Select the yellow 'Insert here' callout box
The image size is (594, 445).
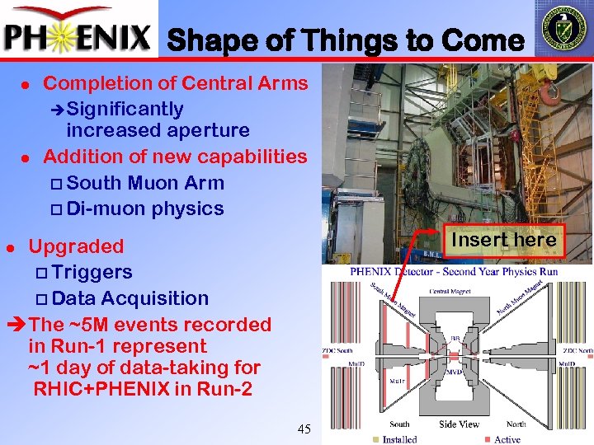point(504,240)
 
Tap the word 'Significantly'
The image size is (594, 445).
point(125,109)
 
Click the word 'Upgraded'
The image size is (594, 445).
point(76,246)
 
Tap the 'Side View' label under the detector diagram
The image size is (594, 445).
point(459,424)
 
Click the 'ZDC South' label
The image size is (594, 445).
point(337,352)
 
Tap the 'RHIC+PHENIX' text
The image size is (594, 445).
point(103,388)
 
